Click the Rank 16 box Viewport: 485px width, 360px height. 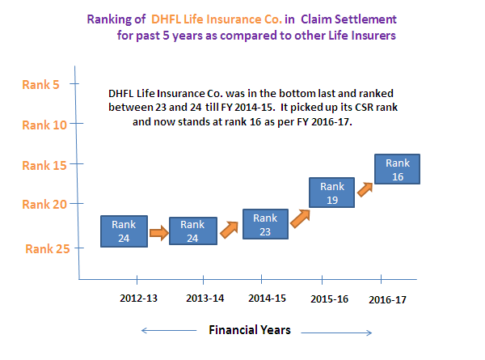pos(397,169)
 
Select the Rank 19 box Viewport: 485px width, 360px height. pos(331,193)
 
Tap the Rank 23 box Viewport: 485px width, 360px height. pos(265,224)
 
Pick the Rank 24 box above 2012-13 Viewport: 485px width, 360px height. pos(124,231)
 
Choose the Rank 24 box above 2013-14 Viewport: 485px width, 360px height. pos(193,231)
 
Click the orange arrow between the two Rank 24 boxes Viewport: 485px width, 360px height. pos(159,233)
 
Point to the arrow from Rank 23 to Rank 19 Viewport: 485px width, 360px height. pos(300,218)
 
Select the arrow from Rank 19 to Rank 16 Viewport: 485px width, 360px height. pos(365,189)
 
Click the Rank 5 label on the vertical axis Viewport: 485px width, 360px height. pos(40,84)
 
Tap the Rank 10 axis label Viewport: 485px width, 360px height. pos(44,125)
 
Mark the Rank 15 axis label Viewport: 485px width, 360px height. pos(44,166)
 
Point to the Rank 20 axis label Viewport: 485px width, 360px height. pos(44,205)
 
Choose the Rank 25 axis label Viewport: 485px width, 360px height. pos(48,249)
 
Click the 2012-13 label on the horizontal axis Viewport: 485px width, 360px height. pos(138,298)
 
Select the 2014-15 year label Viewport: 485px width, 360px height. pos(267,298)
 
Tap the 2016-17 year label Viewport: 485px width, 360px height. pos(387,299)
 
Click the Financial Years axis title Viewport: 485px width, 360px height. pos(250,330)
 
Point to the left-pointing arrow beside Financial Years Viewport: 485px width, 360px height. pos(169,331)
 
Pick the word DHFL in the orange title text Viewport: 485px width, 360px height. pos(166,19)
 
